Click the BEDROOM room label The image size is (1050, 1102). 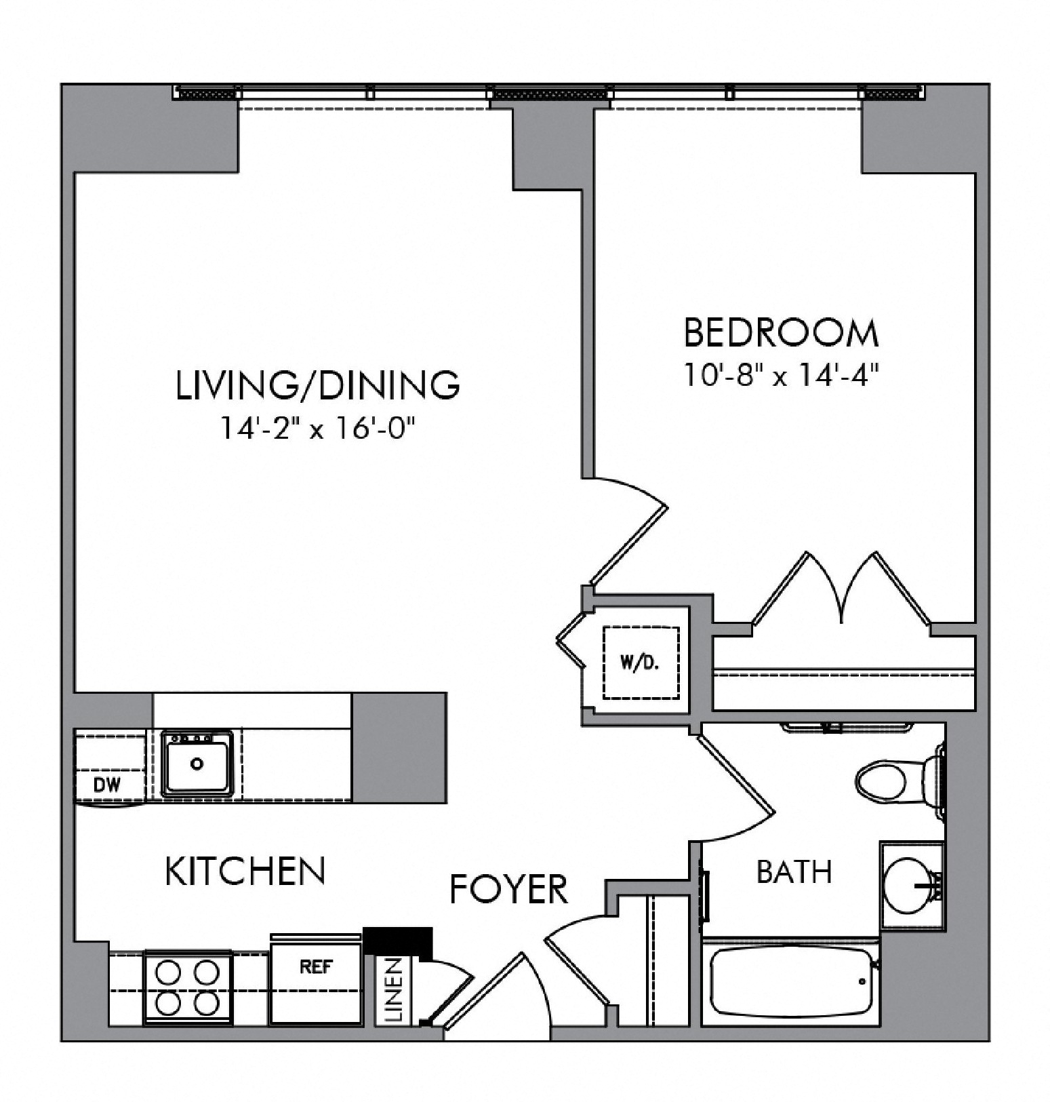coord(780,333)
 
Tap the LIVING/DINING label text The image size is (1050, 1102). coord(318,385)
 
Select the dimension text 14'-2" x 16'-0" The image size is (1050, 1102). coord(317,428)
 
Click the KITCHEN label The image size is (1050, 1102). coord(245,871)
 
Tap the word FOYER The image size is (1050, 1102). coord(509,889)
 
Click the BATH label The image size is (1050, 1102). coord(794,872)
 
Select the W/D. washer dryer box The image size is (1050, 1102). coord(640,663)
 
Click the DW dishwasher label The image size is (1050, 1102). coord(107,785)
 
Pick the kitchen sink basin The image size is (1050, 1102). coord(197,764)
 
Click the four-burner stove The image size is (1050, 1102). coord(187,987)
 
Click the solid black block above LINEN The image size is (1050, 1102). coord(399,941)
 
